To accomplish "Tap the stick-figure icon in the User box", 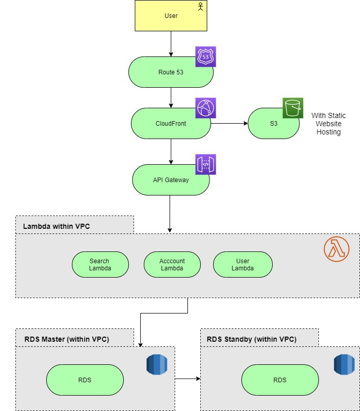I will tap(201, 7).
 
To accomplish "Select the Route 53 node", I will tap(170, 72).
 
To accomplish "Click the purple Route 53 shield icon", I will tap(205, 57).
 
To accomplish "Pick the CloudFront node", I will tap(170, 123).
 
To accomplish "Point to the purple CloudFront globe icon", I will tap(205, 108).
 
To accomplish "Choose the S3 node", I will tap(274, 123).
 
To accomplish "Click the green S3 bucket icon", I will tap(293, 108).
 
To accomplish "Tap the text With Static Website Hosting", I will tap(328, 124).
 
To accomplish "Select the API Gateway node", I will tap(170, 180).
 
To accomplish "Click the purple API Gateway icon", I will tap(205, 164).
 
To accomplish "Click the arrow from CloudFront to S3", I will tap(229, 123).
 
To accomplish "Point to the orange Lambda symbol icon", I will tap(336, 249).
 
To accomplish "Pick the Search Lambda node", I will tap(100, 265).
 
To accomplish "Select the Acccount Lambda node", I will tap(172, 265).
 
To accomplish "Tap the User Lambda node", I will tap(242, 265).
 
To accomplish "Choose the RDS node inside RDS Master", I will tap(85, 380).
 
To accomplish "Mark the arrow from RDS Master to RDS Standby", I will tap(187, 379).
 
